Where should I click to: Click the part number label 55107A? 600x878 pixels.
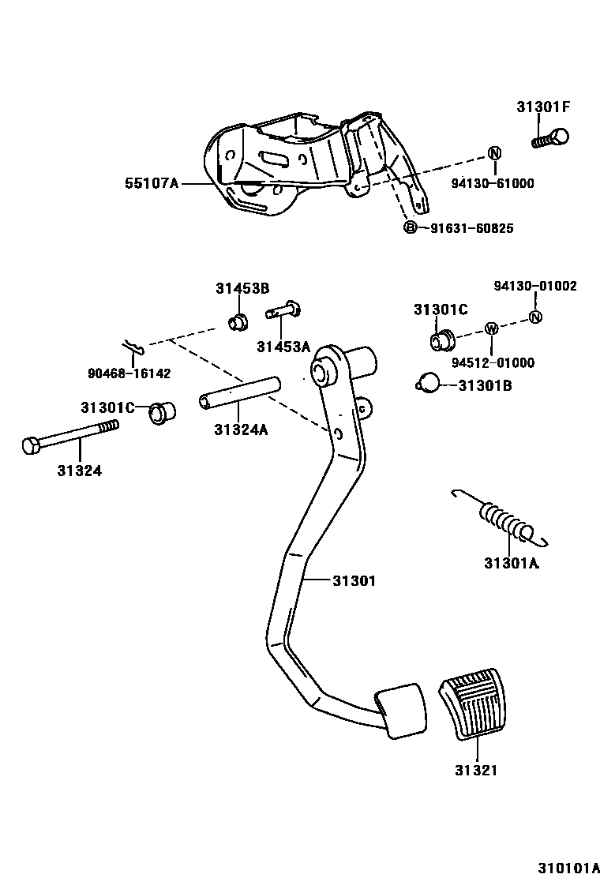(x=152, y=184)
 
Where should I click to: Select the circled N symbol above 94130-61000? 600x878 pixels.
(x=494, y=153)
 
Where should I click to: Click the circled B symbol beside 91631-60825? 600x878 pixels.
(x=410, y=228)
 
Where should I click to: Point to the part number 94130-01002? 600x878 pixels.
(x=535, y=286)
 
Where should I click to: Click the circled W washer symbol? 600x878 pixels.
(x=490, y=328)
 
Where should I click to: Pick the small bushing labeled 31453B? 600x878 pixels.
(x=236, y=322)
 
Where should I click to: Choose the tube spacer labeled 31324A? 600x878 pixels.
(x=239, y=392)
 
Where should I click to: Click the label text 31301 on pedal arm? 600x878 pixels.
(x=353, y=581)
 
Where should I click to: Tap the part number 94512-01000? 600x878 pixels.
(x=504, y=363)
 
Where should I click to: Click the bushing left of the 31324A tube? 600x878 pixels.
(x=163, y=411)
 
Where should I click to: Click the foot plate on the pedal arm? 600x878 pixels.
(x=400, y=711)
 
